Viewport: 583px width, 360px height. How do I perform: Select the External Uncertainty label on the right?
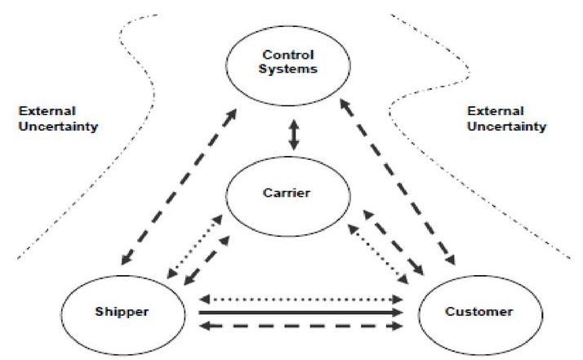pos(505,118)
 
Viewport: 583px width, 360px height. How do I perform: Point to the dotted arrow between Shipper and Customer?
pos(302,299)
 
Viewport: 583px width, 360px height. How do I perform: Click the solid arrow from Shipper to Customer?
pos(302,312)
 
